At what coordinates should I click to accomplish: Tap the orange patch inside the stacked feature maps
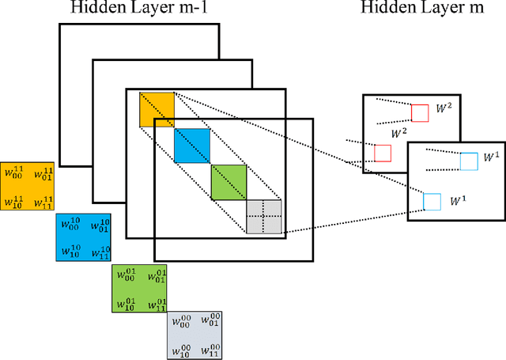tap(157, 109)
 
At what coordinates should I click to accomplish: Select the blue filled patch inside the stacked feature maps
tap(192, 146)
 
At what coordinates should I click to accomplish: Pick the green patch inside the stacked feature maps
tap(228, 181)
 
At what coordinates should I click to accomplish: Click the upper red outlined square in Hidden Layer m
tap(419, 112)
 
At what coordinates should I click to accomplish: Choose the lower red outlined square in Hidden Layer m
tap(383, 153)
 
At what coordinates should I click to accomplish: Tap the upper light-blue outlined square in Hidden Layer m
tap(469, 161)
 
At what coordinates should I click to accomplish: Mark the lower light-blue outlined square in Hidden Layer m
tap(432, 201)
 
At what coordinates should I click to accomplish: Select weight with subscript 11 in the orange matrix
tap(44, 203)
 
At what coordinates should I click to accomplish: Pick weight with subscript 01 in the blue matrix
tap(100, 225)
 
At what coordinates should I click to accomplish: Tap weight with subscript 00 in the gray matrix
tap(181, 321)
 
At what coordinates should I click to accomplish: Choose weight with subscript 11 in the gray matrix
tap(210, 351)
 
